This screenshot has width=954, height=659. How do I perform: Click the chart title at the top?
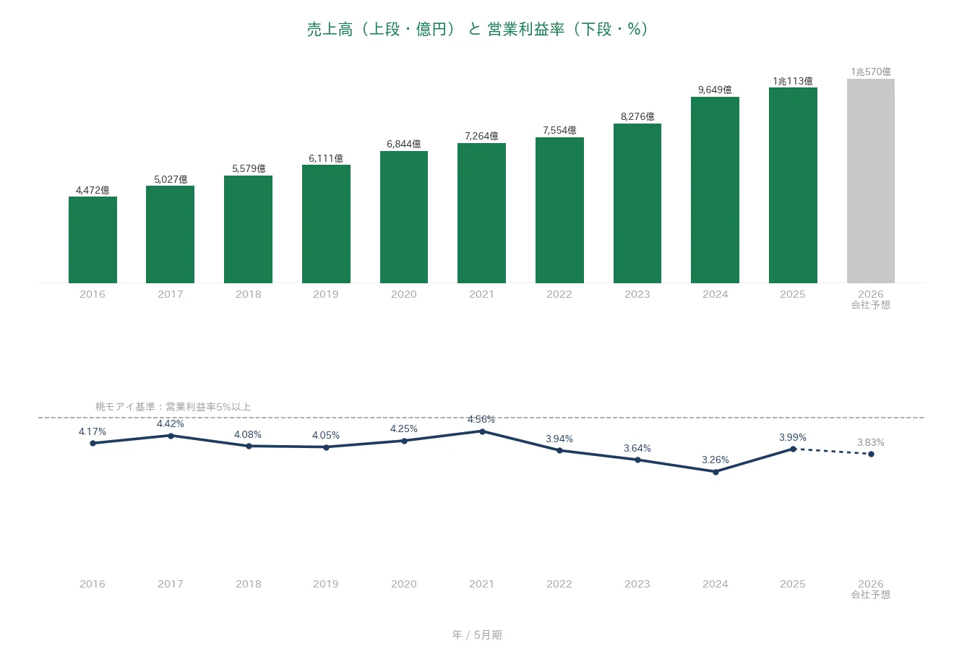coord(477,29)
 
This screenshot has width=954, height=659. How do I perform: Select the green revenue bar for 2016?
coord(93,240)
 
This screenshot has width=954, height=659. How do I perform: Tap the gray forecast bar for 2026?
coord(870,181)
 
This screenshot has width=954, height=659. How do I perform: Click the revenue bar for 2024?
coord(715,190)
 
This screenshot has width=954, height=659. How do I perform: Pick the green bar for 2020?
coord(404,217)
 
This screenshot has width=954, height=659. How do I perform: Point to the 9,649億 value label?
coord(715,90)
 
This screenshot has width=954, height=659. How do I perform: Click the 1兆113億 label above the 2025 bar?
coord(793,81)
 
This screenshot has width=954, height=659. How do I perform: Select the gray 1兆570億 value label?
coord(870,72)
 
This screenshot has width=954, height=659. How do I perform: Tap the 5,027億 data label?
coord(171,179)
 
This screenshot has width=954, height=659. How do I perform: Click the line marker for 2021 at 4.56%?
coord(482,431)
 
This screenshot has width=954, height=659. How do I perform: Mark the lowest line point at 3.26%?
coord(715,472)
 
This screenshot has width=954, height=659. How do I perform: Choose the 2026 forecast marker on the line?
coord(871,455)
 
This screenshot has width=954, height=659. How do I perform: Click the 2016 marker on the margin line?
coord(93,443)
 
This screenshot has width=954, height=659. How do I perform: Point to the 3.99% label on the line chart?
coord(793,437)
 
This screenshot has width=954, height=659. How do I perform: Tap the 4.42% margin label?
coord(171,423)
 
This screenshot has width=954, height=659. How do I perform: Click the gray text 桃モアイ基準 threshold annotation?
coord(173,407)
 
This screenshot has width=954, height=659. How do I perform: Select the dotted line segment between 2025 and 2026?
coord(832,452)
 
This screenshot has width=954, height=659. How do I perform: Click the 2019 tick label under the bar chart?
coord(326,294)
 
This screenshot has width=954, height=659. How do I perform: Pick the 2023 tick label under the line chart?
coord(637,584)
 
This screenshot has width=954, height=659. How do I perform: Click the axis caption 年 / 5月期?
coord(477,634)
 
